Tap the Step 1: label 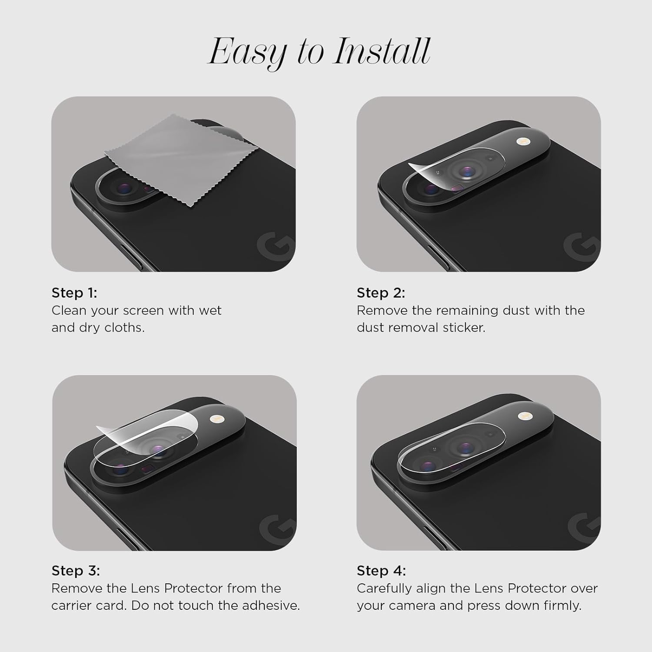(74, 293)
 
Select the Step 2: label (381, 293)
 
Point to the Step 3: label (76, 571)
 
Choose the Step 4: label (381, 571)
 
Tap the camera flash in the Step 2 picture (521, 142)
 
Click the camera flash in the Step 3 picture (216, 419)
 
